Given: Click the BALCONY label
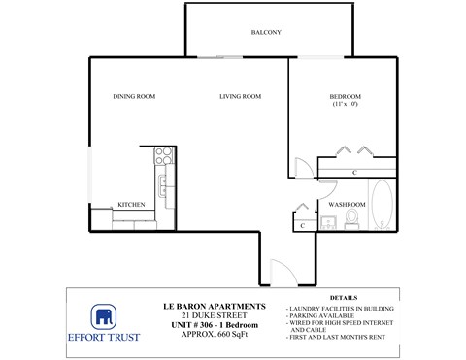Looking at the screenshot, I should (266, 33).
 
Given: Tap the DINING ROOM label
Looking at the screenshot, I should (134, 96).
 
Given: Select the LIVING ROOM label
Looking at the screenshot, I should (240, 96).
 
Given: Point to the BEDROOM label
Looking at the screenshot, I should (346, 96).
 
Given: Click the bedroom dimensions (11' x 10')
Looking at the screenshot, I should (346, 104).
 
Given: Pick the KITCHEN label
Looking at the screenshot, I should (131, 205).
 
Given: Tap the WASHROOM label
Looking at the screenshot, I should (347, 205).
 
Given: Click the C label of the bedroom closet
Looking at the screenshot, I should (354, 173).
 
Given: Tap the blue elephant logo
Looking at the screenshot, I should (105, 317).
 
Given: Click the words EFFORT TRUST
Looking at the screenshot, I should (105, 339).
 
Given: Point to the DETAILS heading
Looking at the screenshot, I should (344, 298).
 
